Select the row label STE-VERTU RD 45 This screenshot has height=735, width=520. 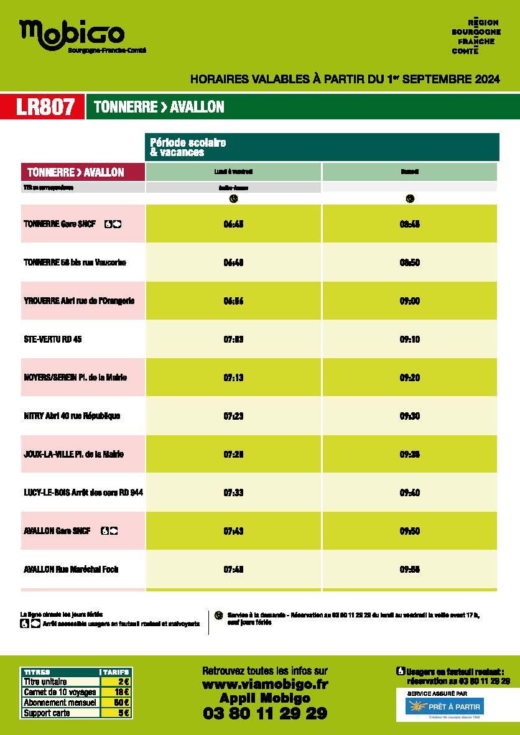[52, 340]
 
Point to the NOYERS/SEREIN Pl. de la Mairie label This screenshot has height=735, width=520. [75, 377]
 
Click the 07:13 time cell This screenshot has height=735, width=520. [233, 377]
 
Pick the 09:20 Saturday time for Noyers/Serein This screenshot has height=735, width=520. [409, 377]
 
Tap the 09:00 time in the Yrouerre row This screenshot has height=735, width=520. [409, 301]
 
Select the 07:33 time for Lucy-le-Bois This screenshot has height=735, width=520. [233, 492]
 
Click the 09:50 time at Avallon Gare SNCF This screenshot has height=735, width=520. [409, 531]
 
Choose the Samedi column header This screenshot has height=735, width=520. [409, 172]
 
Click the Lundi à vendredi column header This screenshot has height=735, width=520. [233, 172]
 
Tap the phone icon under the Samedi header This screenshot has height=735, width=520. [409, 199]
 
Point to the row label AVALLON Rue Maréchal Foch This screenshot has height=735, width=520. [71, 569]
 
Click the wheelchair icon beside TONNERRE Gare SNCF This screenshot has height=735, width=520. [108, 224]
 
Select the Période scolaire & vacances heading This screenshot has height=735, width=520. [188, 147]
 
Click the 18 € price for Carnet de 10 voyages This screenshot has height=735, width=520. [122, 692]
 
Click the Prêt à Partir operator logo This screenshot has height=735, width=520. [444, 707]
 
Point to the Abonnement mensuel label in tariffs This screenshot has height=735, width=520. [60, 703]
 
